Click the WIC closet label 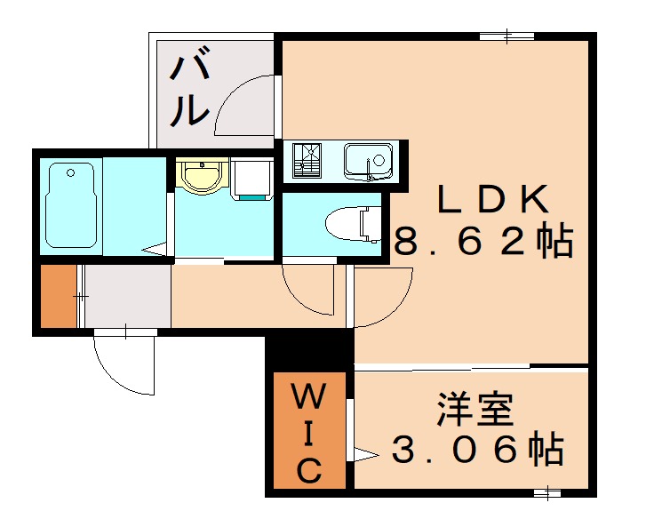308,433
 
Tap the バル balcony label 189,91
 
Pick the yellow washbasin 202,174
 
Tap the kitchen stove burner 308,160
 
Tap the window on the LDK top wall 507,36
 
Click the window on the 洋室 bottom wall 548,491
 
